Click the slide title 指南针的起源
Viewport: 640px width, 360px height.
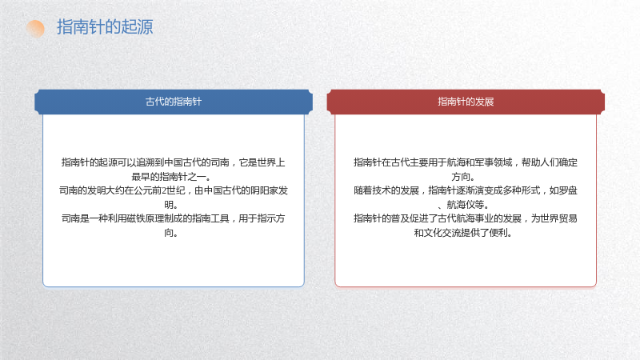[x=105, y=27]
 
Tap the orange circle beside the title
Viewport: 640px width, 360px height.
[x=35, y=29]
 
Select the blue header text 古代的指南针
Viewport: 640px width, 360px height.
[x=174, y=102]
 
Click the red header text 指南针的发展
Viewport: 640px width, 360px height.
[x=466, y=102]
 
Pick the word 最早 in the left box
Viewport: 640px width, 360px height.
[x=141, y=177]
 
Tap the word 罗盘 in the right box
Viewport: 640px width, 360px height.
[x=568, y=190]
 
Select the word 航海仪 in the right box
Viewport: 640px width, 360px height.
[x=461, y=205]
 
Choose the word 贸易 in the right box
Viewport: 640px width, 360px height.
[x=568, y=218]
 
